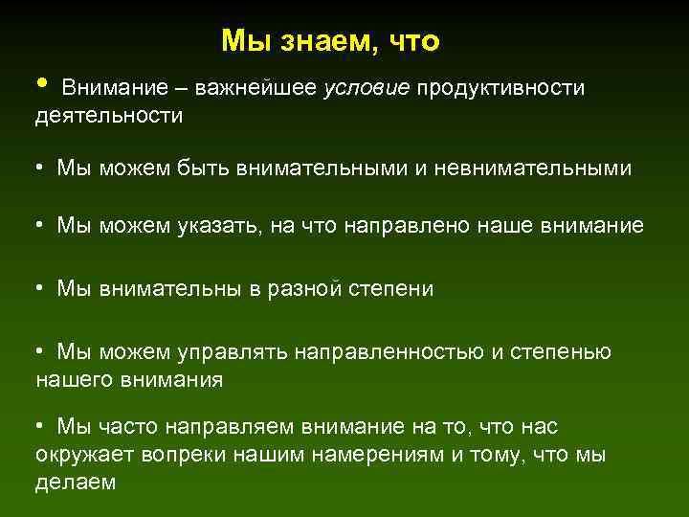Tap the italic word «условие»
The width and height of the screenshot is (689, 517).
click(x=367, y=88)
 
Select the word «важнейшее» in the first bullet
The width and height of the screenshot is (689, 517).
click(x=257, y=88)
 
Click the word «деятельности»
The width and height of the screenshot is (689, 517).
click(x=109, y=116)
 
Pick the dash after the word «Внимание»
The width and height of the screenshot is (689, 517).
click(x=182, y=89)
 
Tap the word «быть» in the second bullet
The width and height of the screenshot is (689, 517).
click(x=204, y=169)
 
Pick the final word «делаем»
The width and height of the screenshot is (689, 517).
click(x=75, y=483)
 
